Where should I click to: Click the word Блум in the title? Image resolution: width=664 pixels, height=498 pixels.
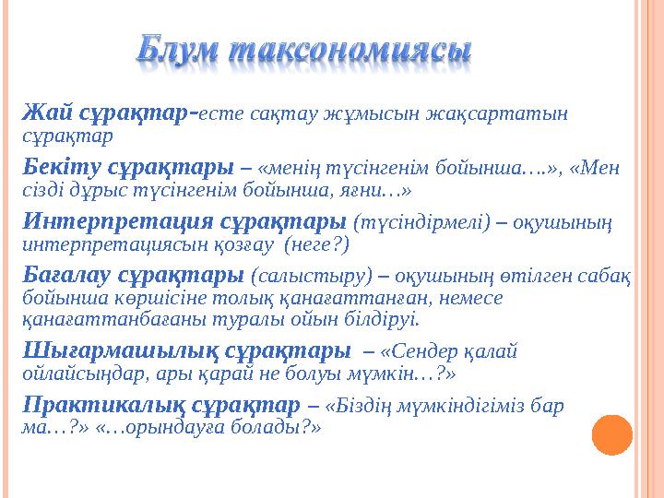(x=179, y=53)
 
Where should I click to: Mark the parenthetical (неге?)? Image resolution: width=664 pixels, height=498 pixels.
(x=317, y=244)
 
